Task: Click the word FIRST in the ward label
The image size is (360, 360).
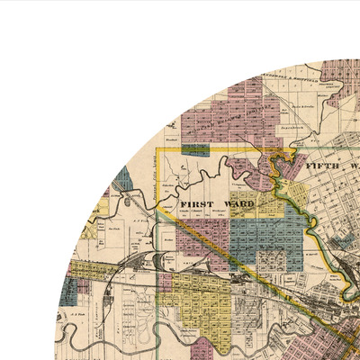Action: [x=196, y=204]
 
